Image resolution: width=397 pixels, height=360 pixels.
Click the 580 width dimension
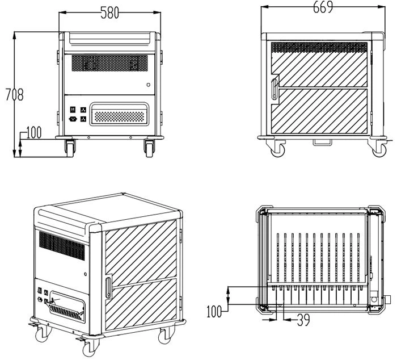click(x=109, y=12)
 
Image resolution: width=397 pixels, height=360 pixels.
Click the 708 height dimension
click(x=14, y=95)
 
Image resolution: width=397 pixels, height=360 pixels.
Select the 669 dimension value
click(x=323, y=7)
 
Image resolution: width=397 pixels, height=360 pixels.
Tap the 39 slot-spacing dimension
click(x=303, y=320)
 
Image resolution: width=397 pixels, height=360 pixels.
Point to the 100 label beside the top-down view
click(x=214, y=311)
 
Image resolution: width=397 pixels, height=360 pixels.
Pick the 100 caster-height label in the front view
click(x=33, y=132)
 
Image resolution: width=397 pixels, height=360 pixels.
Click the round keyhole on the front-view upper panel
click(x=149, y=85)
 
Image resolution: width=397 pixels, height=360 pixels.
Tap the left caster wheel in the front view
click(x=70, y=148)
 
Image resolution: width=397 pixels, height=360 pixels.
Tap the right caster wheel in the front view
click(x=149, y=148)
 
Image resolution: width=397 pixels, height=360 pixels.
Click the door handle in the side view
click(x=274, y=89)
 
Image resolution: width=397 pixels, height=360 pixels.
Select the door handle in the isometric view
click(x=108, y=288)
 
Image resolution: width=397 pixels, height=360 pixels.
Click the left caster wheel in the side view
click(x=277, y=150)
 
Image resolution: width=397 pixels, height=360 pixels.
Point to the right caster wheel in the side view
click(x=379, y=150)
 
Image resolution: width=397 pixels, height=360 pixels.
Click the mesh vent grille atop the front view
click(x=109, y=63)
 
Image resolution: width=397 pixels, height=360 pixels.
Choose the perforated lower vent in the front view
click(x=119, y=116)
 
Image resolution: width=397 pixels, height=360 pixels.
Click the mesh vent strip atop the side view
click(x=319, y=47)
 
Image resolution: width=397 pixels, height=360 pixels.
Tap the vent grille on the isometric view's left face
click(x=62, y=246)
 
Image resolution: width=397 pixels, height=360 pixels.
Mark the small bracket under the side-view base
click(x=322, y=142)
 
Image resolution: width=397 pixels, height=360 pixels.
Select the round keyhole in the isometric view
click(x=86, y=274)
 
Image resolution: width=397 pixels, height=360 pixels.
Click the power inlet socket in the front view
click(x=73, y=119)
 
